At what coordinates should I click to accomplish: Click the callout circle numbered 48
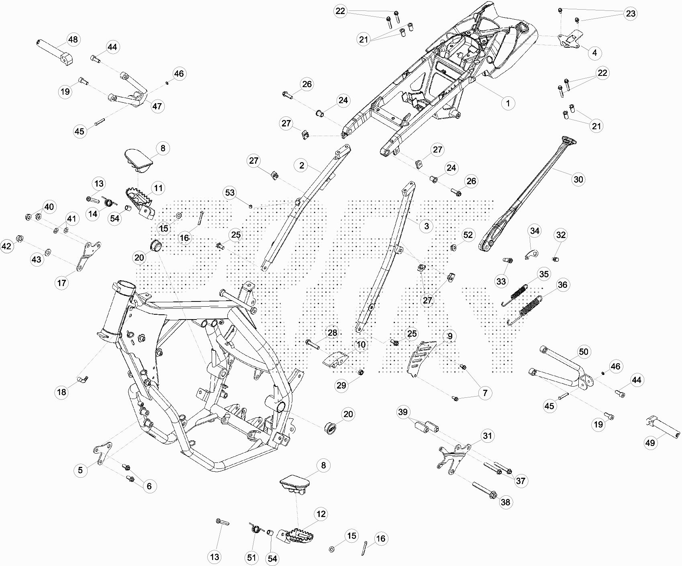coord(73,40)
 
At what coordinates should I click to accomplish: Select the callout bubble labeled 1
coord(508,103)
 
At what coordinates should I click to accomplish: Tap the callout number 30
coord(578,179)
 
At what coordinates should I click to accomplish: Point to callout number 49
coord(650,442)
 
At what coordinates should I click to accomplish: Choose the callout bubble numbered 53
coord(230,193)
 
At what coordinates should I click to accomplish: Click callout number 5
coord(80,470)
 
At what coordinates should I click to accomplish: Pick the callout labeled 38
coord(505,502)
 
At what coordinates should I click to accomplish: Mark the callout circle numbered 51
coord(251,558)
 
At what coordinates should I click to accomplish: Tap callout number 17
coord(61,283)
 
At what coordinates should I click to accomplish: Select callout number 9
coord(449,336)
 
